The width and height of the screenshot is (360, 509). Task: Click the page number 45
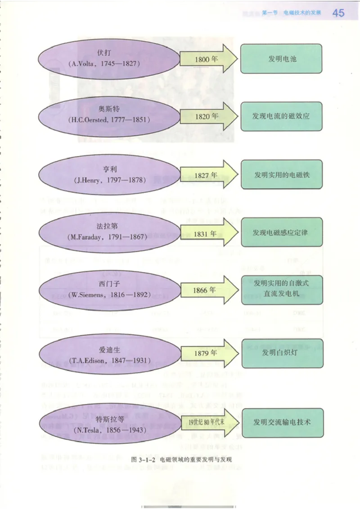click(x=338, y=13)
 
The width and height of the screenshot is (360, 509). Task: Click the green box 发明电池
click(x=282, y=59)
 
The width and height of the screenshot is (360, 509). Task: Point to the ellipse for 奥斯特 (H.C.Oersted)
click(x=108, y=116)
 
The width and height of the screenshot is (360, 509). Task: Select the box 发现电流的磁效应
click(x=281, y=116)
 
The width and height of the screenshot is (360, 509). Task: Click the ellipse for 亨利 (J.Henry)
click(x=108, y=174)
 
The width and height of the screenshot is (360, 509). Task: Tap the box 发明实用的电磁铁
click(x=282, y=174)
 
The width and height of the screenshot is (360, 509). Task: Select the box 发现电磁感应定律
click(x=282, y=232)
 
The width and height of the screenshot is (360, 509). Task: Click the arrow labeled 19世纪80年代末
click(x=209, y=422)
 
